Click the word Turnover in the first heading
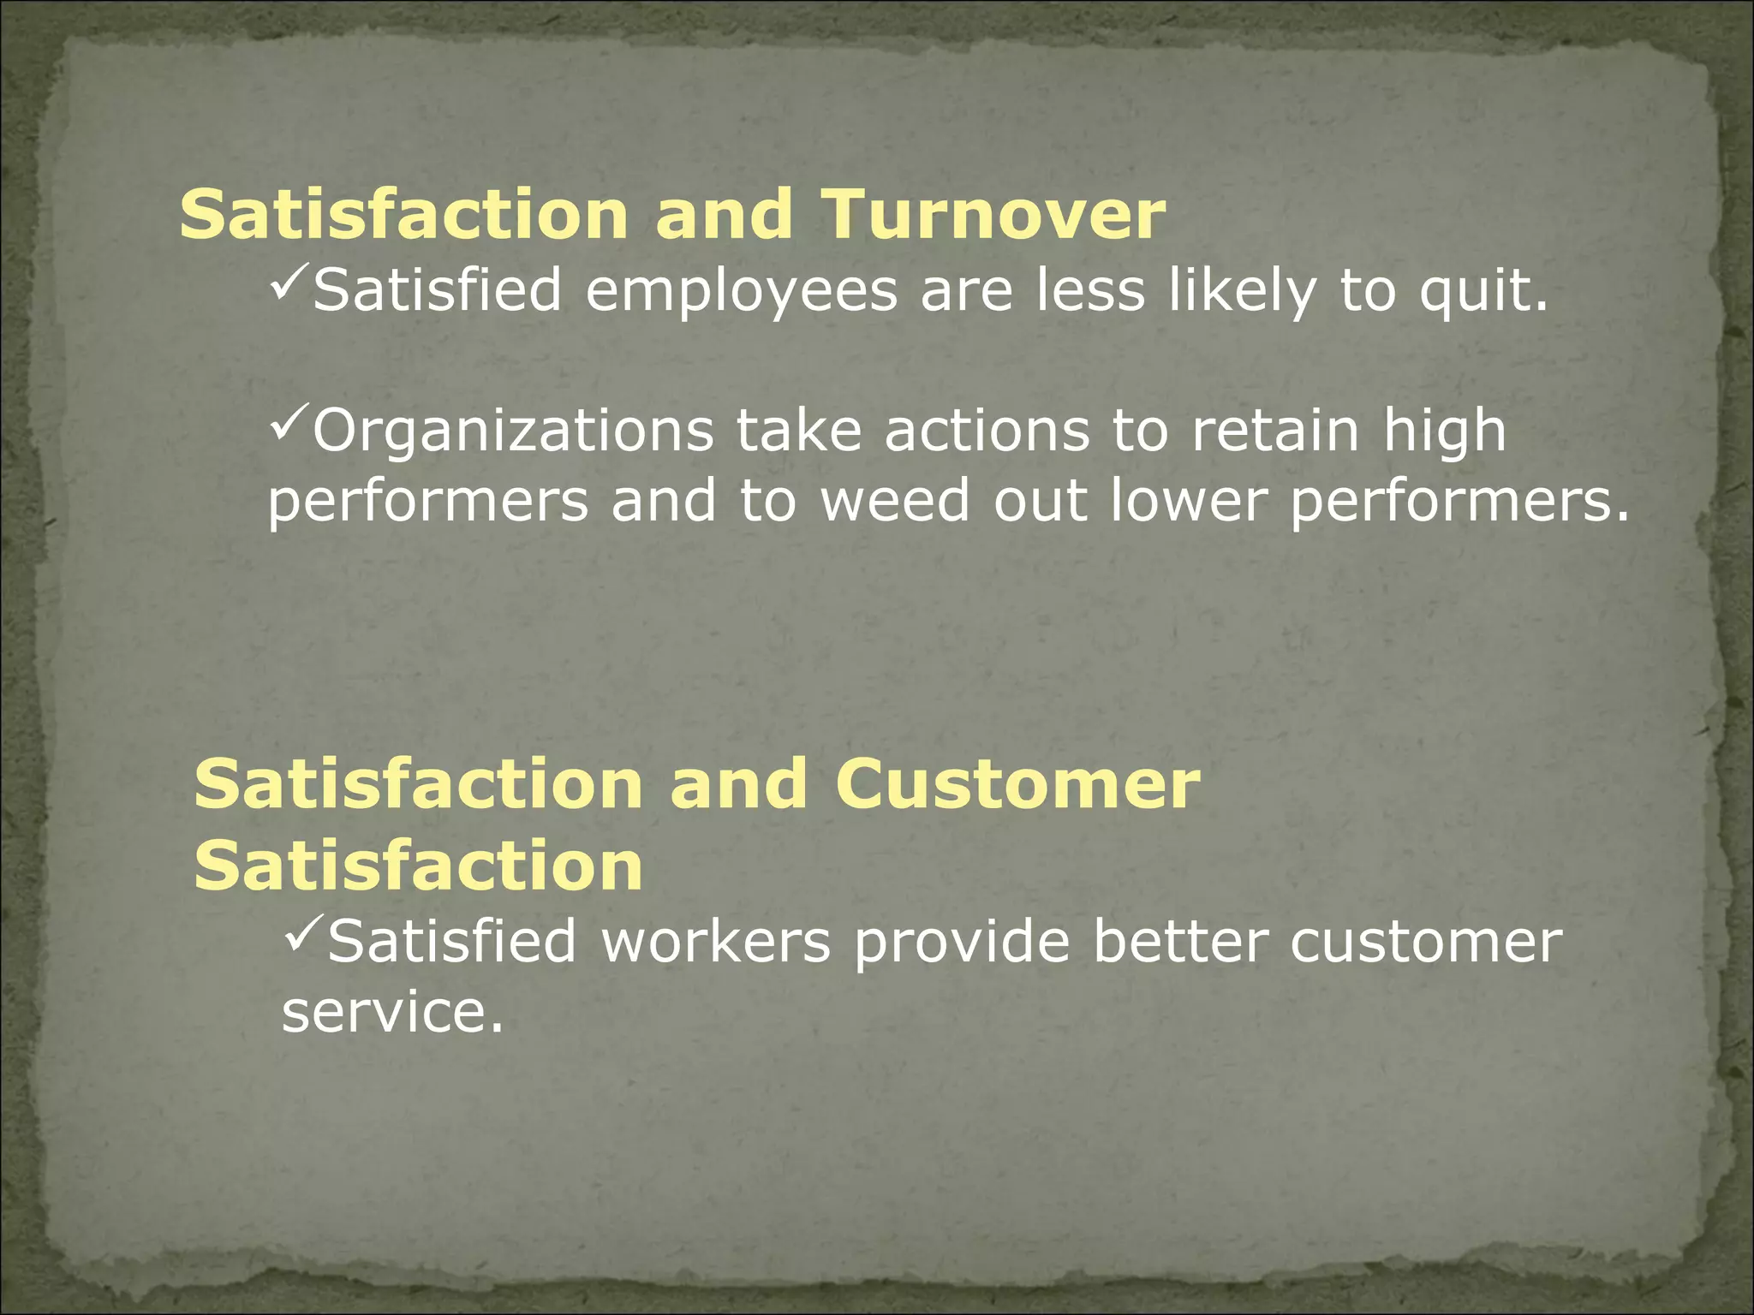[x=993, y=214]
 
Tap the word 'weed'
[x=895, y=501]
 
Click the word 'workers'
[x=716, y=942]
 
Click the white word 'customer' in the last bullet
[x=1427, y=942]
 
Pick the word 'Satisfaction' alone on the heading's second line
[x=419, y=866]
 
